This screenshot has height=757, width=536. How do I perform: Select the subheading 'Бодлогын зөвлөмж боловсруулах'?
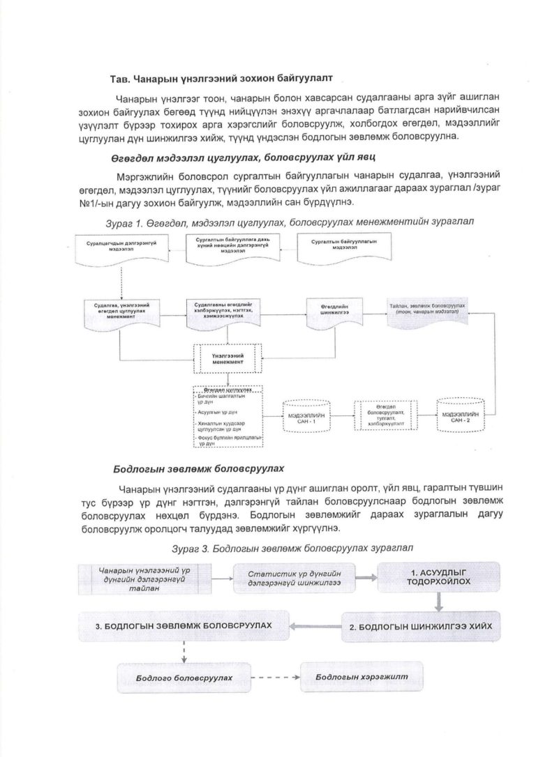click(x=200, y=468)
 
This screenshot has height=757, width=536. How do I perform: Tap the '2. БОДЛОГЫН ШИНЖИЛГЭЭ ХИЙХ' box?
click(x=420, y=625)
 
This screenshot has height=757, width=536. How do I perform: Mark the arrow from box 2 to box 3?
click(x=315, y=625)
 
